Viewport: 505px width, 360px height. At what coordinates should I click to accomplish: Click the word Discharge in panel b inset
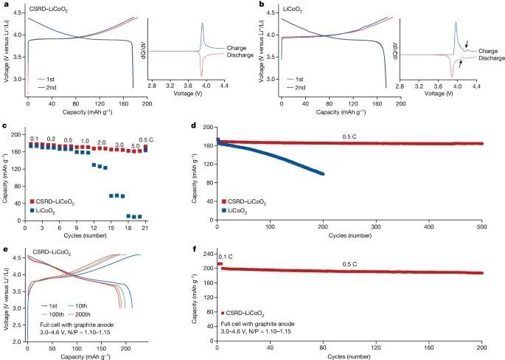coord(483,58)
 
